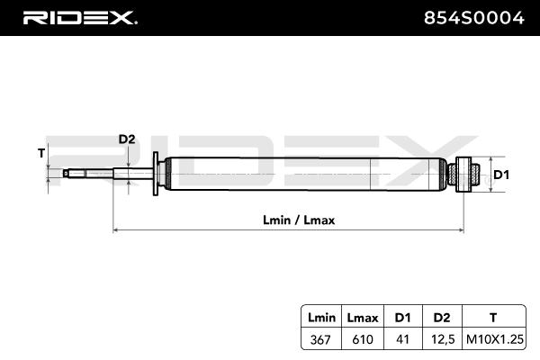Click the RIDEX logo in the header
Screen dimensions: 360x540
(78, 17)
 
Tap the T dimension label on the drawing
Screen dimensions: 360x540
(41, 153)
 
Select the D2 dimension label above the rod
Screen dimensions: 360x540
(127, 139)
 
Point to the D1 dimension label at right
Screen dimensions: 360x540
(501, 175)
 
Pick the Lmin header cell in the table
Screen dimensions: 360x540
(320, 317)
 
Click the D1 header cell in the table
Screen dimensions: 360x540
(402, 317)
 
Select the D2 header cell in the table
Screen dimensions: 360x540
(441, 317)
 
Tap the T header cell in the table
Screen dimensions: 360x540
(492, 317)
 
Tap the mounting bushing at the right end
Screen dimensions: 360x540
(467, 174)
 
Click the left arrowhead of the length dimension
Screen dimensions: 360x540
(115, 229)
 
